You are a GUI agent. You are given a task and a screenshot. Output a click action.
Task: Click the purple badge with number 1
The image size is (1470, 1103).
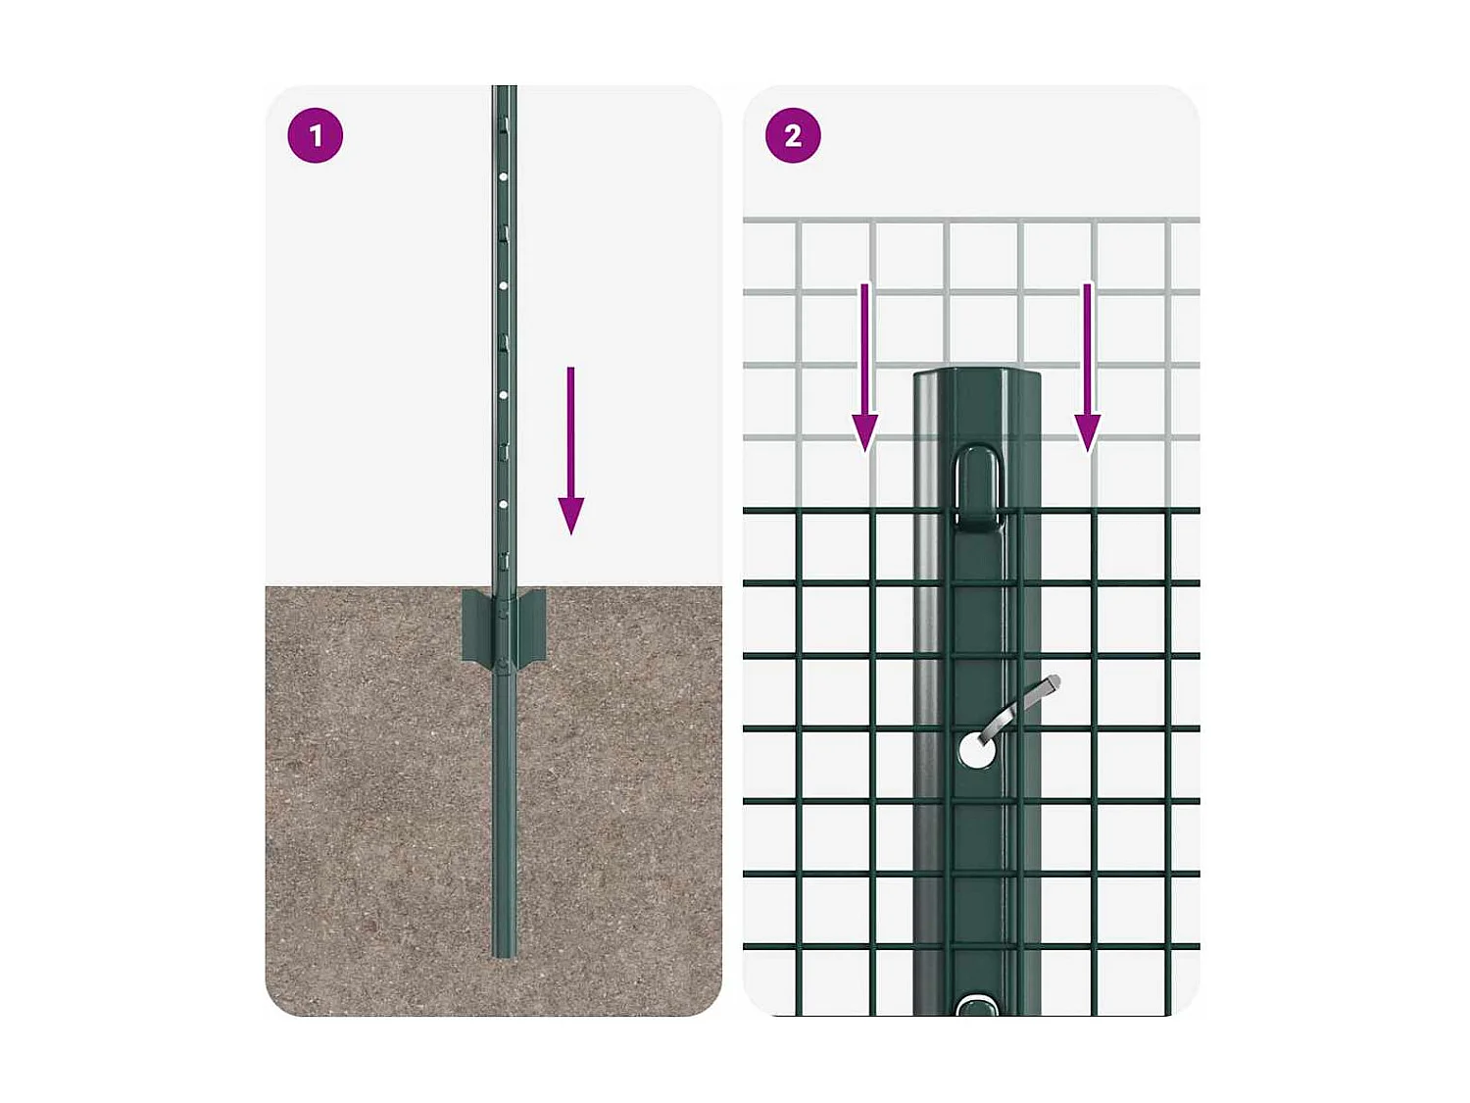[x=316, y=135]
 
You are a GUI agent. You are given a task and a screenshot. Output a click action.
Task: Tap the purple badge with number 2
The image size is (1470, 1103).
[x=793, y=135]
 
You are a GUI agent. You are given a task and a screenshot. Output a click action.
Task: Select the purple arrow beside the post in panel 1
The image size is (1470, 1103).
[x=571, y=441]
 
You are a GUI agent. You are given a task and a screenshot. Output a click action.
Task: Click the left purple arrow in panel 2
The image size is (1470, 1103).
[x=864, y=363]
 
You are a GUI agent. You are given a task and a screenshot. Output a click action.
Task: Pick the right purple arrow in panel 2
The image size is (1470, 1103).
[x=1087, y=363]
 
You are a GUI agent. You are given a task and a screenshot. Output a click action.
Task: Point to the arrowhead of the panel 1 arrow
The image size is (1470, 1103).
[x=571, y=515]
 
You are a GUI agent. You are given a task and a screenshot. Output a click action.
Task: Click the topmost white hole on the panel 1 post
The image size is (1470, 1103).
[x=504, y=177]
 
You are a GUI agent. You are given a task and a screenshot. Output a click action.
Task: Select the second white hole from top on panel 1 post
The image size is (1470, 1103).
[x=504, y=286]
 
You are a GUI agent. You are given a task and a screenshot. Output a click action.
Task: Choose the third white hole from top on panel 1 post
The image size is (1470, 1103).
[x=504, y=395]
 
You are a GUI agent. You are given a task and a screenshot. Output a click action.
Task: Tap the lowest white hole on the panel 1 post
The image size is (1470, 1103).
[x=504, y=504]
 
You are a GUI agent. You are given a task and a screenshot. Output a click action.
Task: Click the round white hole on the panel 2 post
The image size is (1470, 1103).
[x=976, y=751]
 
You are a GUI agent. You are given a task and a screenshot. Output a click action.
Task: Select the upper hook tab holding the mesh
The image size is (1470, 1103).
[x=978, y=486]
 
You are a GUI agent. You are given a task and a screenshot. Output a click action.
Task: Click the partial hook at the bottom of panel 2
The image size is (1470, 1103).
[x=976, y=1005]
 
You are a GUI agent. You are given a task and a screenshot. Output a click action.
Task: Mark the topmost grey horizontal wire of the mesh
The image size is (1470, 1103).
[x=970, y=220]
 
